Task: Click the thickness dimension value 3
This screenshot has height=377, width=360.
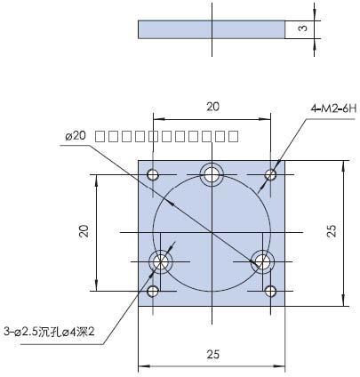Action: tap(302, 29)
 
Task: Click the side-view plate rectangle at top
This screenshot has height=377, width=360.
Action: tap(212, 29)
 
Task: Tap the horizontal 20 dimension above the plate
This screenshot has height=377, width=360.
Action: tap(212, 107)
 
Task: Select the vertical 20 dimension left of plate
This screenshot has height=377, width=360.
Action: tap(84, 231)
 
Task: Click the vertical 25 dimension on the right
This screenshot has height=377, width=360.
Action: tap(331, 231)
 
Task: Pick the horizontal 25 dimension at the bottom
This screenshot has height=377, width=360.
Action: tap(212, 354)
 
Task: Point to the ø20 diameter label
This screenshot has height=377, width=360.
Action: tap(75, 135)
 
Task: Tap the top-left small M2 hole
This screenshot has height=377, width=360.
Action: tap(153, 173)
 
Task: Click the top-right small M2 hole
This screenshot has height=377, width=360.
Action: tap(271, 173)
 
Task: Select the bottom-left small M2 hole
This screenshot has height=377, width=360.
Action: tap(153, 290)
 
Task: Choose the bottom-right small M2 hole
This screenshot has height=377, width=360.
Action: tap(271, 290)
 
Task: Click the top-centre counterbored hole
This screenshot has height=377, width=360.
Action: tap(212, 174)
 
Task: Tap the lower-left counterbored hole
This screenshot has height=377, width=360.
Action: tap(162, 261)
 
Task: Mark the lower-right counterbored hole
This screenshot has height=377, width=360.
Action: tap(261, 261)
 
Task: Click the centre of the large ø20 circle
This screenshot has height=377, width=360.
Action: tap(212, 232)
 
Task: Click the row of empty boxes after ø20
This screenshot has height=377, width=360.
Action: tap(166, 136)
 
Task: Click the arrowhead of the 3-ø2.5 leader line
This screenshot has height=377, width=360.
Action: tap(159, 264)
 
